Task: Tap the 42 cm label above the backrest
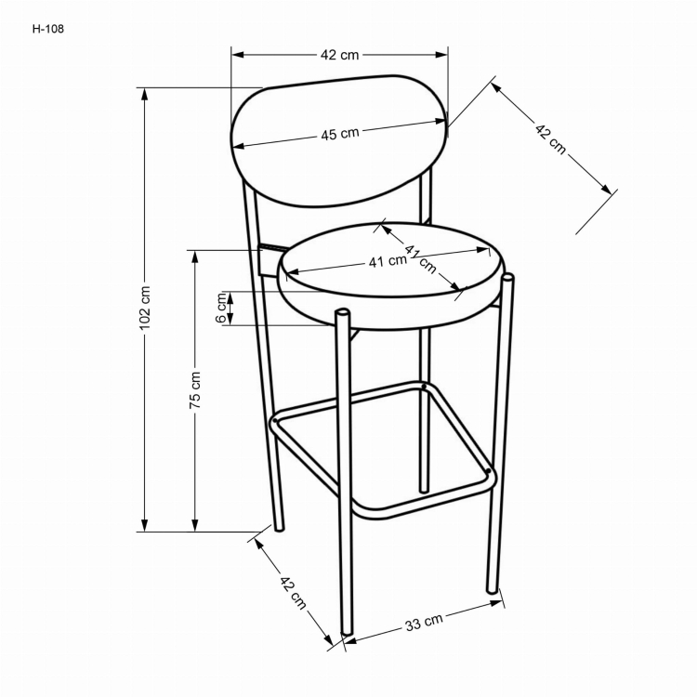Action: coord(339,55)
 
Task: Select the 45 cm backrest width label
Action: coord(340,134)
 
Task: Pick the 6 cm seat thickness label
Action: coord(221,309)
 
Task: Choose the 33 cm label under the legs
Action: coord(423,623)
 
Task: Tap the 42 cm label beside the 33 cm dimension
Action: coord(293,591)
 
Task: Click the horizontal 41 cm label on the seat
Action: coord(388,262)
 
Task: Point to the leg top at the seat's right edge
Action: coord(507,278)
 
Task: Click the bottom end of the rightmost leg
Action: coord(493,589)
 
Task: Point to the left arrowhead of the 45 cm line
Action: coord(236,146)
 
